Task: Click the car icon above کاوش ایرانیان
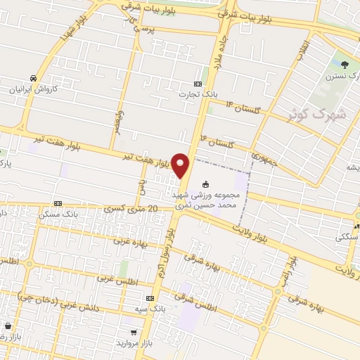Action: click(x=33, y=78)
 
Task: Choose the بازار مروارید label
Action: click(x=134, y=344)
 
